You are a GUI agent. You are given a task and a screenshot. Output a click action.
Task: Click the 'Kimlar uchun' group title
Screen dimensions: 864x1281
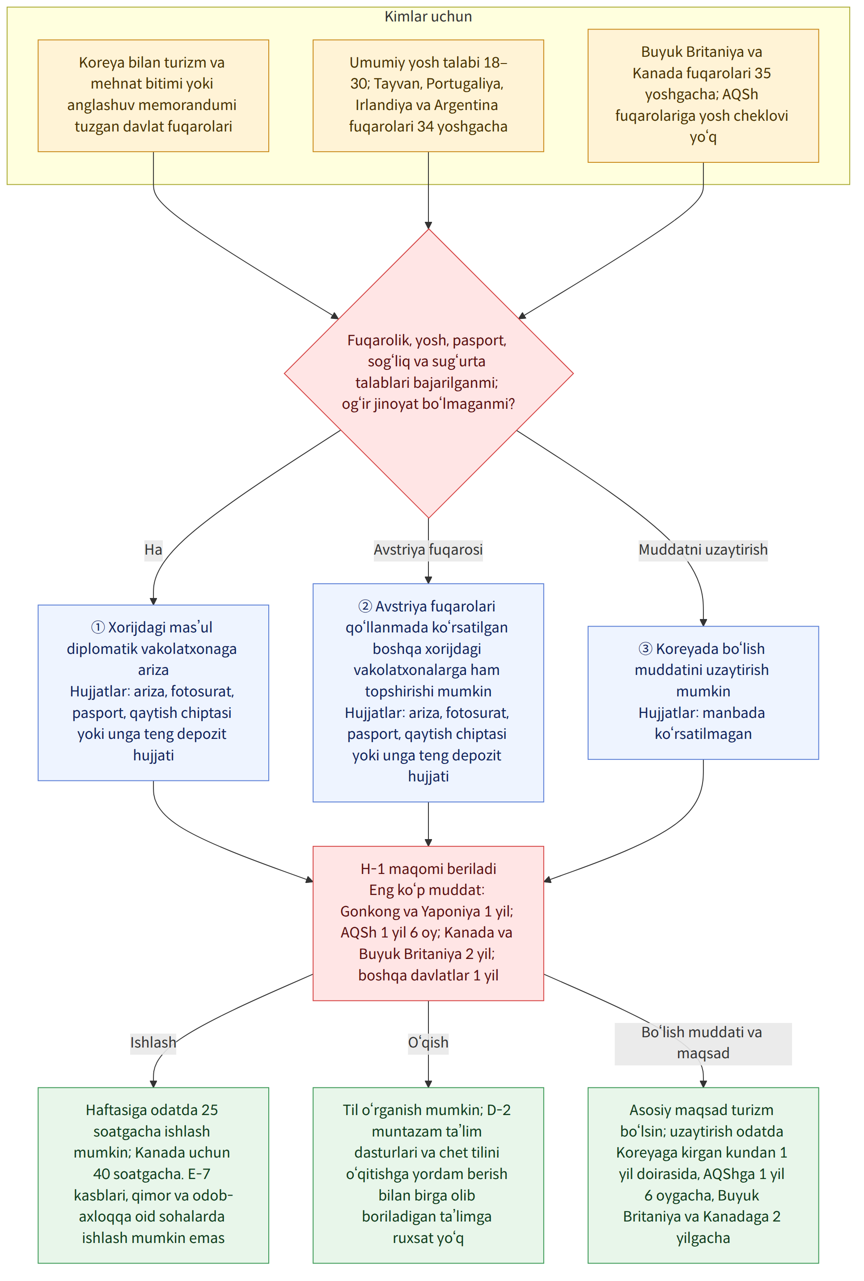coord(428,17)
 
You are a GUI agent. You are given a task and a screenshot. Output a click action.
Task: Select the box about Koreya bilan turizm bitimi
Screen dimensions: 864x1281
coord(153,95)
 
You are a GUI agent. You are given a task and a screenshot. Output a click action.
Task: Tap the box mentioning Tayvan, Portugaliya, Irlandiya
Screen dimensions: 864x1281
coord(428,95)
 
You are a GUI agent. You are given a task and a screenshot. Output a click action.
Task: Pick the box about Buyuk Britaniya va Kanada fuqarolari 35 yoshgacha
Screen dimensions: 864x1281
coord(703,95)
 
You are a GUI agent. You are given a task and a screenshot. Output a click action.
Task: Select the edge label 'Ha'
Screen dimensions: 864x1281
coord(153,549)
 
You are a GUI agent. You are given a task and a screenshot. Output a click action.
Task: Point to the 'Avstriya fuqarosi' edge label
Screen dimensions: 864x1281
coord(428,549)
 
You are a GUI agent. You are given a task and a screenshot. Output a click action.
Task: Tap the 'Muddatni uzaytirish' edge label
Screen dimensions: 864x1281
coord(703,549)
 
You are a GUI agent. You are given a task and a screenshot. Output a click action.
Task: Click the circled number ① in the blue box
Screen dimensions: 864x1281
coord(97,628)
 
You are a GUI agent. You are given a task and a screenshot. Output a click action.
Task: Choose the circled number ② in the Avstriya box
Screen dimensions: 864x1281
coord(365,606)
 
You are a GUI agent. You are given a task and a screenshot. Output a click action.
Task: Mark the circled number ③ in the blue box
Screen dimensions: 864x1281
coord(645,649)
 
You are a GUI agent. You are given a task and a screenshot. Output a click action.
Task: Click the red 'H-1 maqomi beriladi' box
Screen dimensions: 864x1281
coord(428,923)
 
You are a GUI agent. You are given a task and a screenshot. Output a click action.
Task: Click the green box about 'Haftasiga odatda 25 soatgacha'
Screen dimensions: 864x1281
coord(153,1175)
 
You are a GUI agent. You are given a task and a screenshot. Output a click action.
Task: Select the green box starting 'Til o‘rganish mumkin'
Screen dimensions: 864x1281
coord(428,1175)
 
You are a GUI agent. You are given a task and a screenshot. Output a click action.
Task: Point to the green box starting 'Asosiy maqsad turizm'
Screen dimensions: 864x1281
coord(703,1175)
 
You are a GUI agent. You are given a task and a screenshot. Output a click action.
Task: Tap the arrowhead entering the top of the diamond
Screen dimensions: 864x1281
coord(428,225)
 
